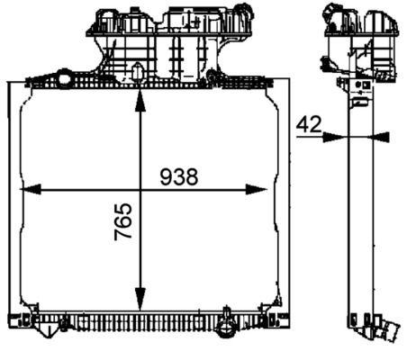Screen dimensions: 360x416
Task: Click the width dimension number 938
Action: [179, 177]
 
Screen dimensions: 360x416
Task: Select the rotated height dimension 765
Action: [123, 222]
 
